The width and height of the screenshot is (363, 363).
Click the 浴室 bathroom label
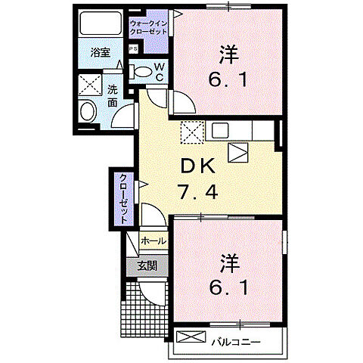click(101, 53)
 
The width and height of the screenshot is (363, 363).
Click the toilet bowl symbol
click(141, 72)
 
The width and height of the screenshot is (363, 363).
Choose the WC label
click(160, 72)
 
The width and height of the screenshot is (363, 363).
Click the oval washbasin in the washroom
click(86, 112)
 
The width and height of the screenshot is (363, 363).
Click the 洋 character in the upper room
click(227, 54)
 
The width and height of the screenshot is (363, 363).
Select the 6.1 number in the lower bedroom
click(228, 288)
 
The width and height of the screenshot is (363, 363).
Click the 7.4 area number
click(198, 191)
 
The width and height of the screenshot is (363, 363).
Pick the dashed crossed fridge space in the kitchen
click(193, 132)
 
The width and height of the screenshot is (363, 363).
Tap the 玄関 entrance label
click(147, 265)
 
